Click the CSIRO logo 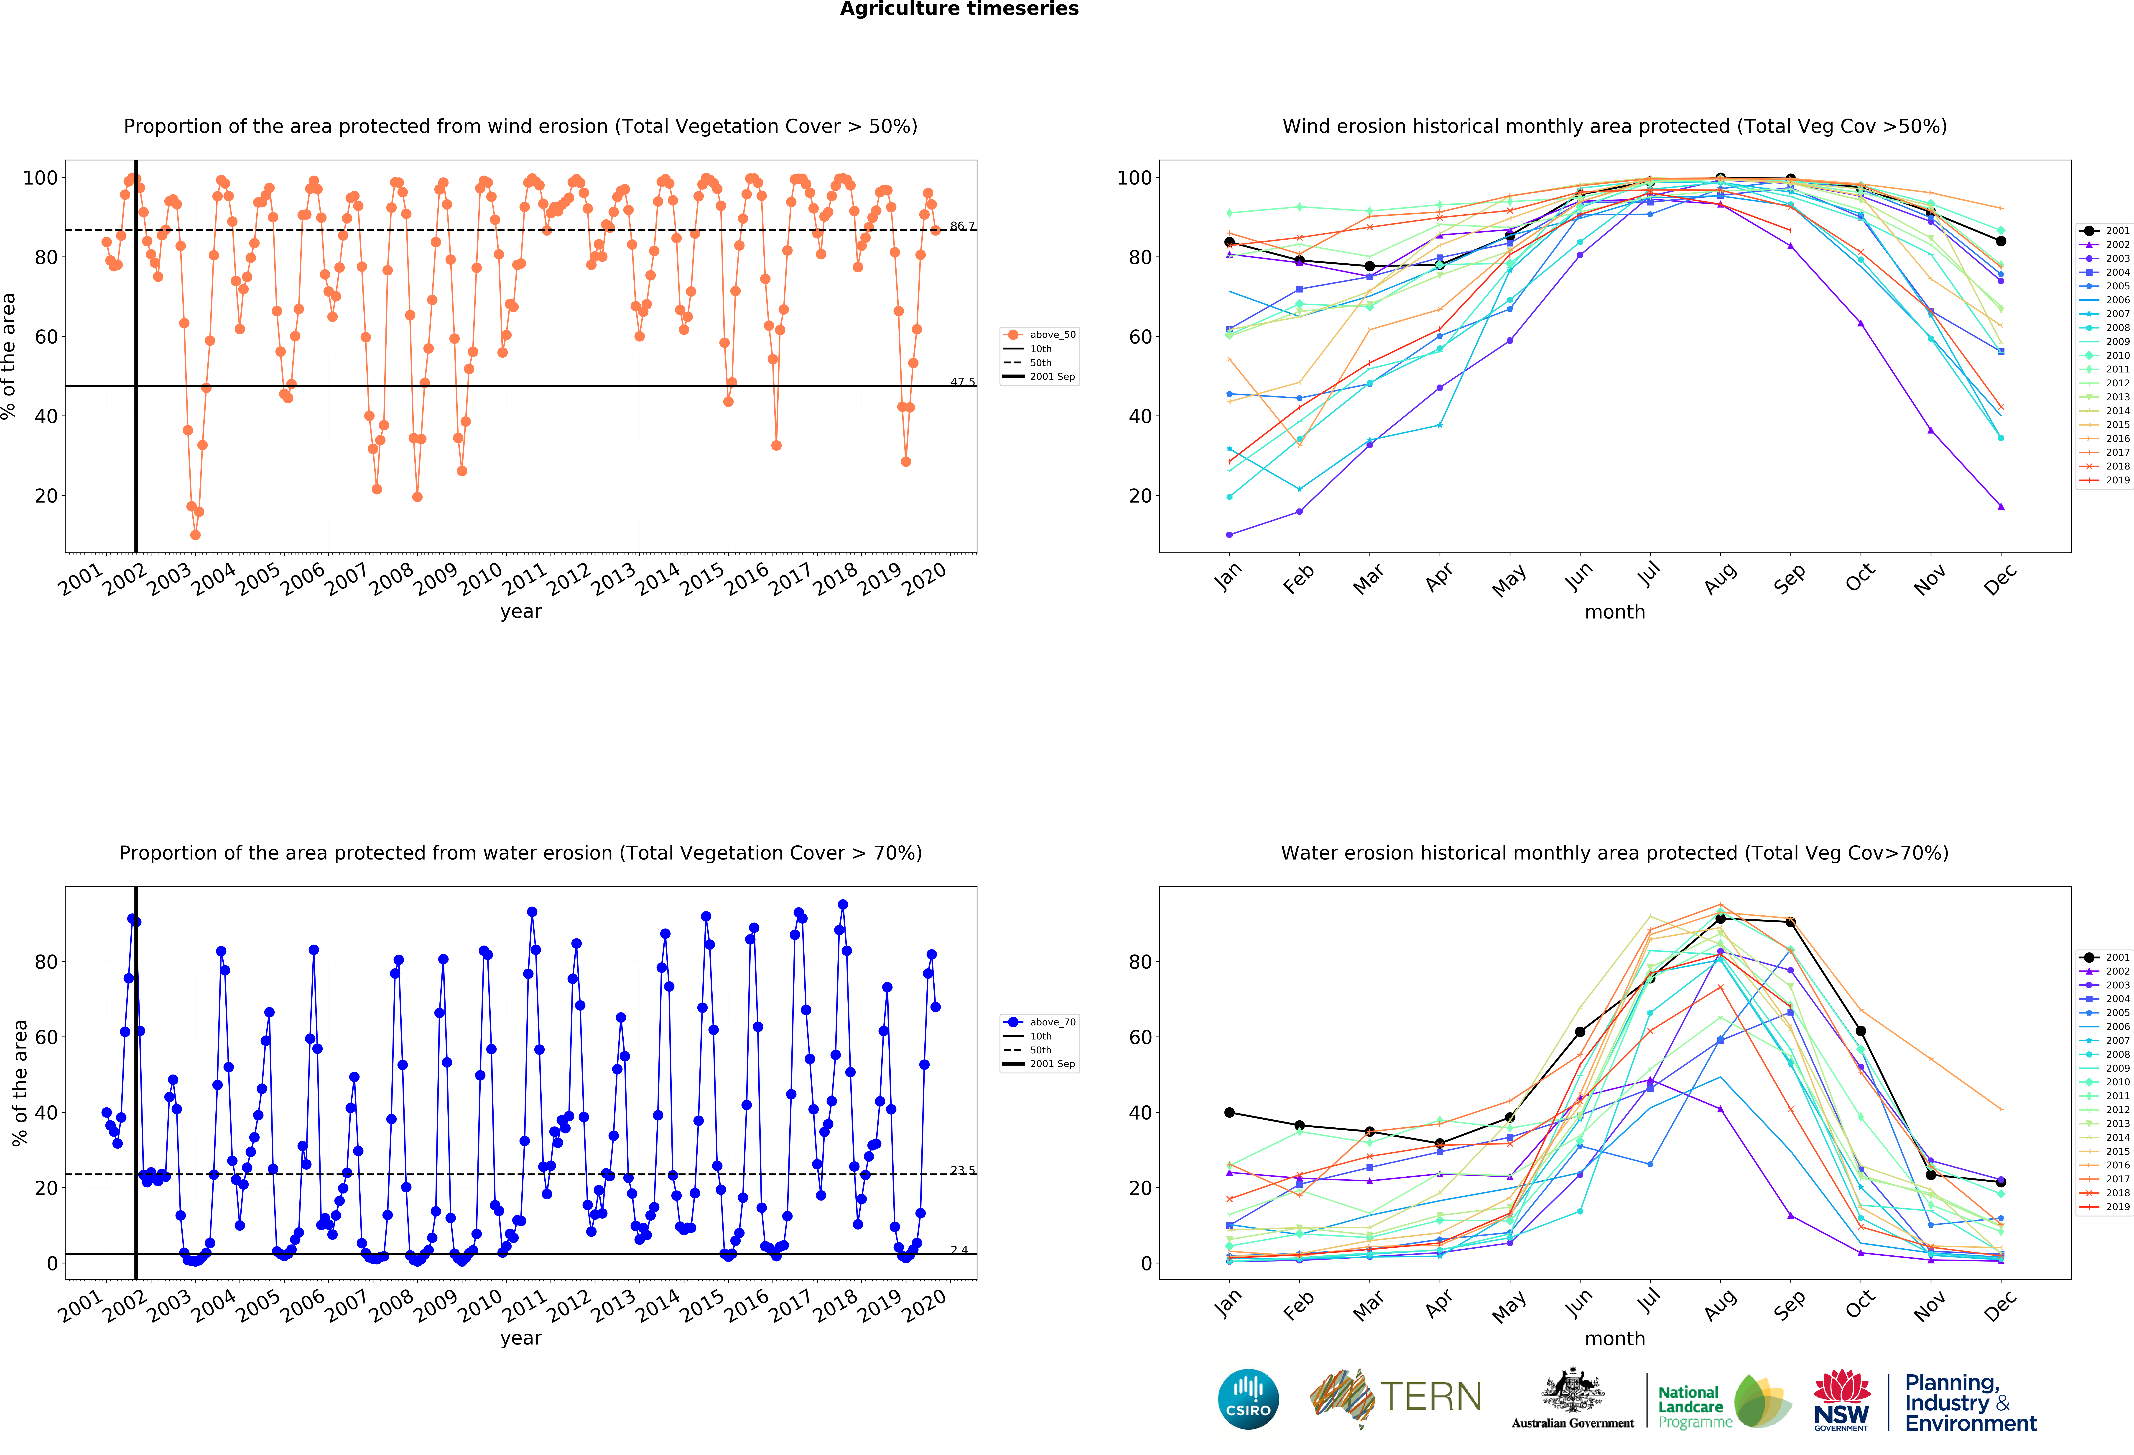1248,1399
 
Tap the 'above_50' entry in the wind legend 1051,334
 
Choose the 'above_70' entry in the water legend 1051,1021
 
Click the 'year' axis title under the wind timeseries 521,612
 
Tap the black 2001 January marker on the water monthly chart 1229,1112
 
